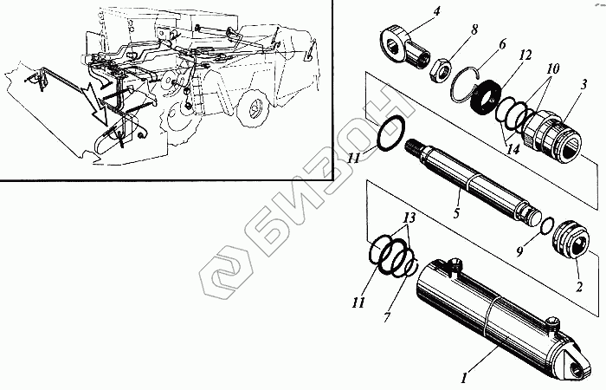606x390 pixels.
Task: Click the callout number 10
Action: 553,67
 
